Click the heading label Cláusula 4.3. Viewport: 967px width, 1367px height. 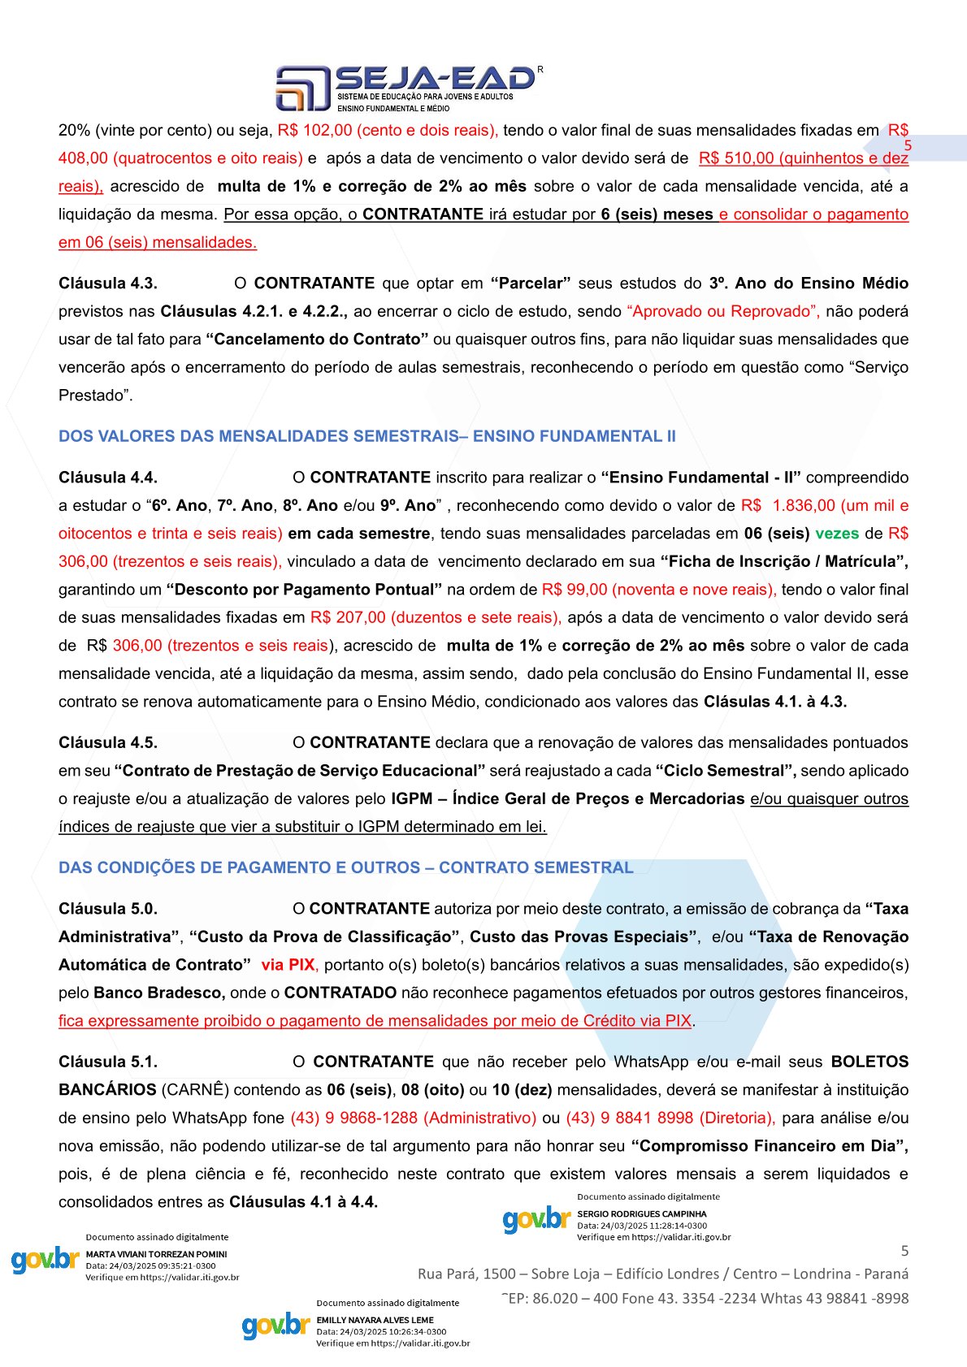(108, 283)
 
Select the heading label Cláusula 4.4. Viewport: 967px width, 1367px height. (108, 478)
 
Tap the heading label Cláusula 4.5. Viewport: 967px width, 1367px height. (108, 742)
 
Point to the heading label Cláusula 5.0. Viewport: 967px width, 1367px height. (108, 909)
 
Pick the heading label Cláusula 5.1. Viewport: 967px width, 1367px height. (108, 1062)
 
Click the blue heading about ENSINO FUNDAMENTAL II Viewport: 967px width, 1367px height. (366, 436)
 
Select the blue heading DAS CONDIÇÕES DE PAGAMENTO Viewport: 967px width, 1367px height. (345, 867)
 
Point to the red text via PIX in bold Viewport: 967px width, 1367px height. (288, 965)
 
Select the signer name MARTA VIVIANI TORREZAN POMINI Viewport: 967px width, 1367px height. (156, 1254)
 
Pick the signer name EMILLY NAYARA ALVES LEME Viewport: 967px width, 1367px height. (375, 1320)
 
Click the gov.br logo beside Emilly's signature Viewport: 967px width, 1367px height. (276, 1326)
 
